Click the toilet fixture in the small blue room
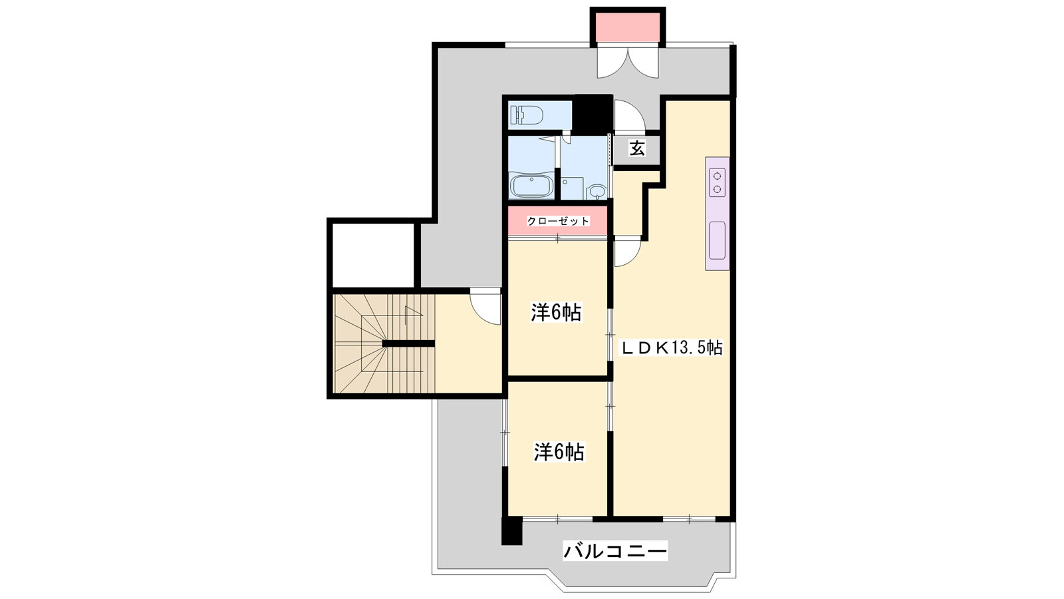(x=526, y=114)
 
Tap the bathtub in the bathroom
(x=531, y=187)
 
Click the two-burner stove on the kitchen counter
(x=718, y=183)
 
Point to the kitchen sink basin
(x=718, y=240)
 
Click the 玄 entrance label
(x=637, y=149)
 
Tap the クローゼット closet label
(x=558, y=221)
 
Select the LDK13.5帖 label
(x=672, y=348)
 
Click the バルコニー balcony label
(x=615, y=552)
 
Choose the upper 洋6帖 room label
(x=556, y=312)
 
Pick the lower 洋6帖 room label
(x=559, y=452)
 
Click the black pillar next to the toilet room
(x=593, y=113)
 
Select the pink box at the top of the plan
(x=627, y=28)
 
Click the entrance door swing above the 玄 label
(x=630, y=116)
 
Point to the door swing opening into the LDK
(x=628, y=254)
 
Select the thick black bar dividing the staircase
(x=408, y=343)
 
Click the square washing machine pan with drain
(x=572, y=188)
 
